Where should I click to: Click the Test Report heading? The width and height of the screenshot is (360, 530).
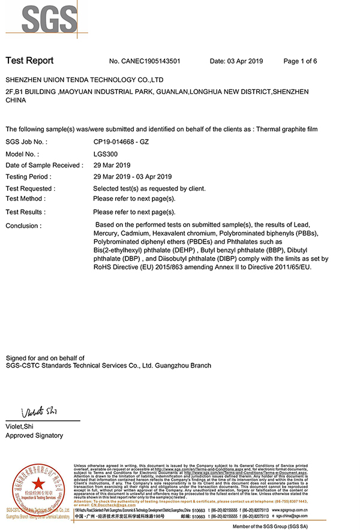tap(29, 61)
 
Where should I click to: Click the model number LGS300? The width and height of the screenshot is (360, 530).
tap(105, 153)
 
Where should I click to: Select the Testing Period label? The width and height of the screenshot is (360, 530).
tap(28, 177)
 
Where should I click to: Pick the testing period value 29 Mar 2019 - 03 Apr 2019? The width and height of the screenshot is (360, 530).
tap(133, 177)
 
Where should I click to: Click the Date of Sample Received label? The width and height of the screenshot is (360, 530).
tap(44, 165)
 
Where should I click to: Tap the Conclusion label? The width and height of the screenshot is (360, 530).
tap(23, 226)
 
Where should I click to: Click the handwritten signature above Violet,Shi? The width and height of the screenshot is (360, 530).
tap(38, 412)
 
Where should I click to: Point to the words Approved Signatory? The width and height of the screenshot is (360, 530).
tap(34, 435)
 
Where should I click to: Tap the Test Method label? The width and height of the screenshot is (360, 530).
tap(26, 198)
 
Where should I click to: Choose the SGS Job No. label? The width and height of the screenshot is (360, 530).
tap(26, 142)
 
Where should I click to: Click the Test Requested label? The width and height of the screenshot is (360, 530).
tap(30, 188)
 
